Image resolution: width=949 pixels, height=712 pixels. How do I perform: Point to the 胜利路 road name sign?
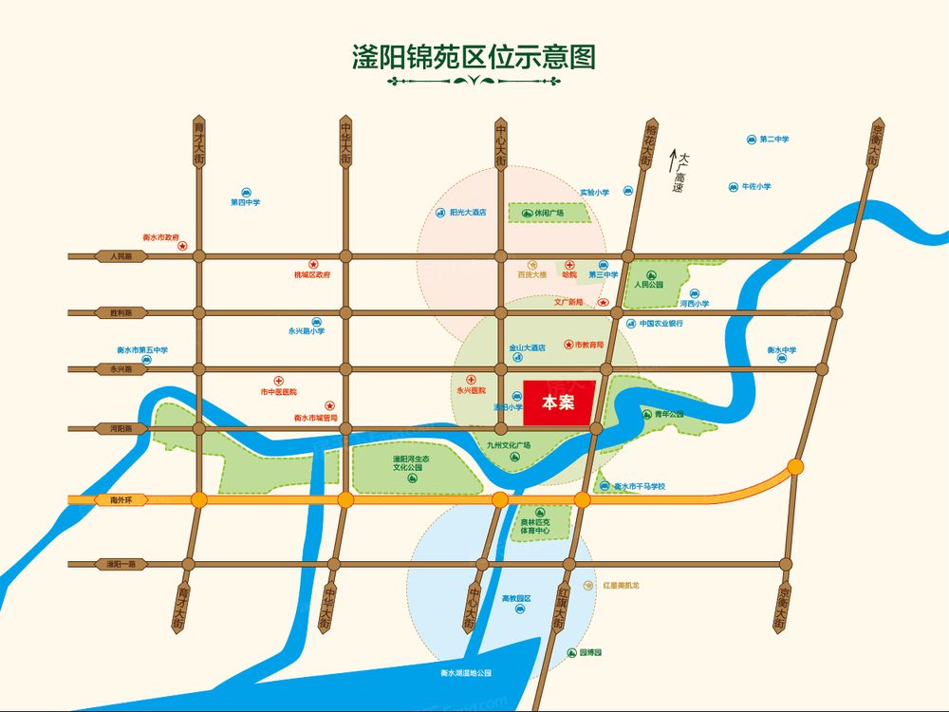121,312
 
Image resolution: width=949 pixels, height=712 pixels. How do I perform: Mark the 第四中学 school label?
245,202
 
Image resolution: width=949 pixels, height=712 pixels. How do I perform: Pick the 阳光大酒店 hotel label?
468,214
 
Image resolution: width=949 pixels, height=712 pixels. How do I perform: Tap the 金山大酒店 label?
527,348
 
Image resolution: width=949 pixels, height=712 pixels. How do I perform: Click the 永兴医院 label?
471,390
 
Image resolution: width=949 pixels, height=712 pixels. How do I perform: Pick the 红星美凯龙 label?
621,586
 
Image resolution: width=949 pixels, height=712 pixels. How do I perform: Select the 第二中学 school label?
773,140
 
